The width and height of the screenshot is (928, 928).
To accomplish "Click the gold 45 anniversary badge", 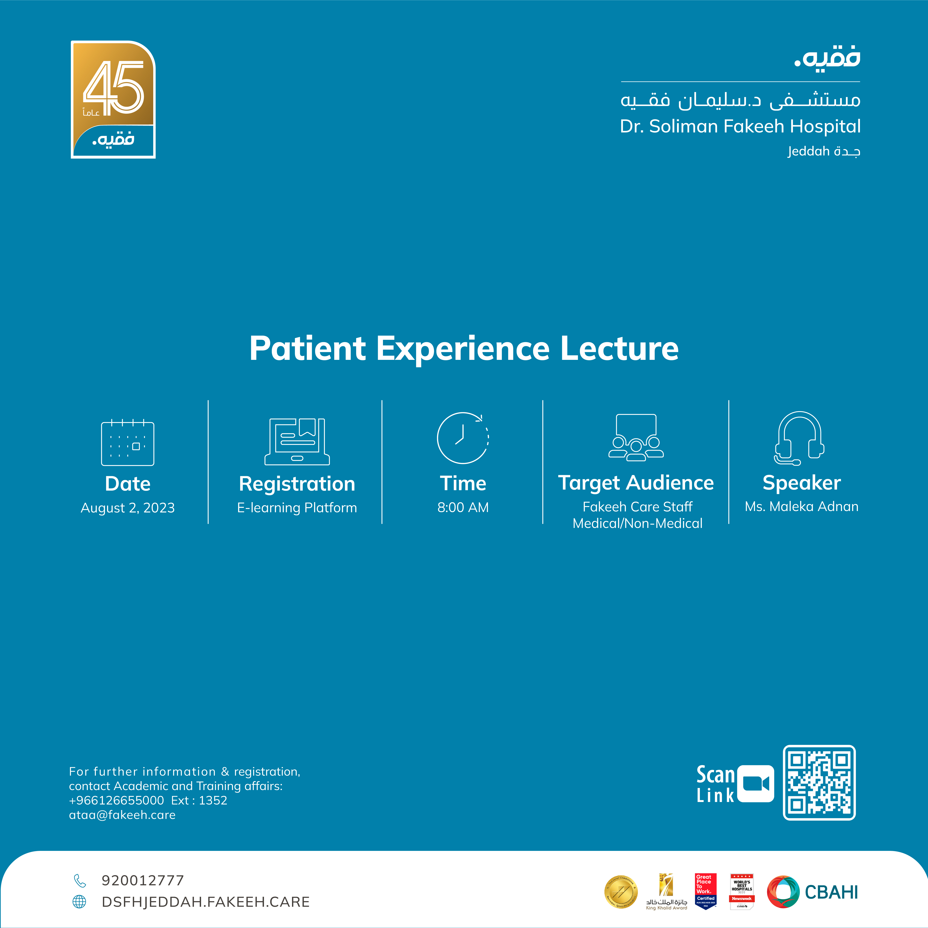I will click(x=113, y=99).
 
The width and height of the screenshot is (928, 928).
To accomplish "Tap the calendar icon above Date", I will click(x=128, y=443).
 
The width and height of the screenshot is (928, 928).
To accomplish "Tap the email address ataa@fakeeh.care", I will click(x=122, y=815).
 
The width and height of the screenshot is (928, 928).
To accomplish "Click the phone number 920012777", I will click(x=143, y=880).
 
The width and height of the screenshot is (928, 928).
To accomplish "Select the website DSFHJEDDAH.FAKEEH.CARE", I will click(x=206, y=902).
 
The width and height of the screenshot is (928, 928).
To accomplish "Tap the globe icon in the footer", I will click(x=79, y=902).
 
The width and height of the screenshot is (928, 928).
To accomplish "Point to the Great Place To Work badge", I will click(x=706, y=891).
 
